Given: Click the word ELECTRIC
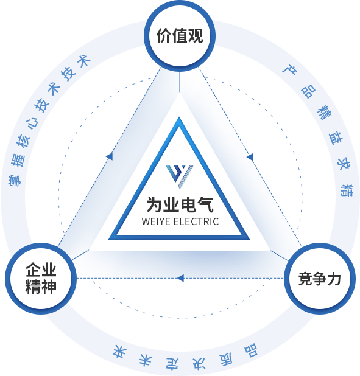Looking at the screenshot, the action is (196, 221).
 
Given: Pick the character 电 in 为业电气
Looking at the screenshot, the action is (188, 204).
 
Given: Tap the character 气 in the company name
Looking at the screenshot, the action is (205, 204).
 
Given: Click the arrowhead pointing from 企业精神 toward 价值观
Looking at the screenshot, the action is (110, 156).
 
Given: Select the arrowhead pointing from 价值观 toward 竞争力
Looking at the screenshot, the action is (250, 158).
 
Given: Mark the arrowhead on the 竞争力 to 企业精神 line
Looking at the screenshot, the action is (180, 278).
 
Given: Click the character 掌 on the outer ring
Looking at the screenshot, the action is (15, 179).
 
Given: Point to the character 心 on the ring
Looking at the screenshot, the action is (32, 123).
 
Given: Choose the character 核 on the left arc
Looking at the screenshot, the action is (23, 141).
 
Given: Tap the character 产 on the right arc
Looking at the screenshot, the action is (289, 69).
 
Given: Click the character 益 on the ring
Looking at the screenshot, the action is (336, 138).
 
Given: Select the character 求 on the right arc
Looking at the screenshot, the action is (344, 164).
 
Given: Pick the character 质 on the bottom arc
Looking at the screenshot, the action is (226, 359).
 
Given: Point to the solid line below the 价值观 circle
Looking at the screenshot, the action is (180, 82).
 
